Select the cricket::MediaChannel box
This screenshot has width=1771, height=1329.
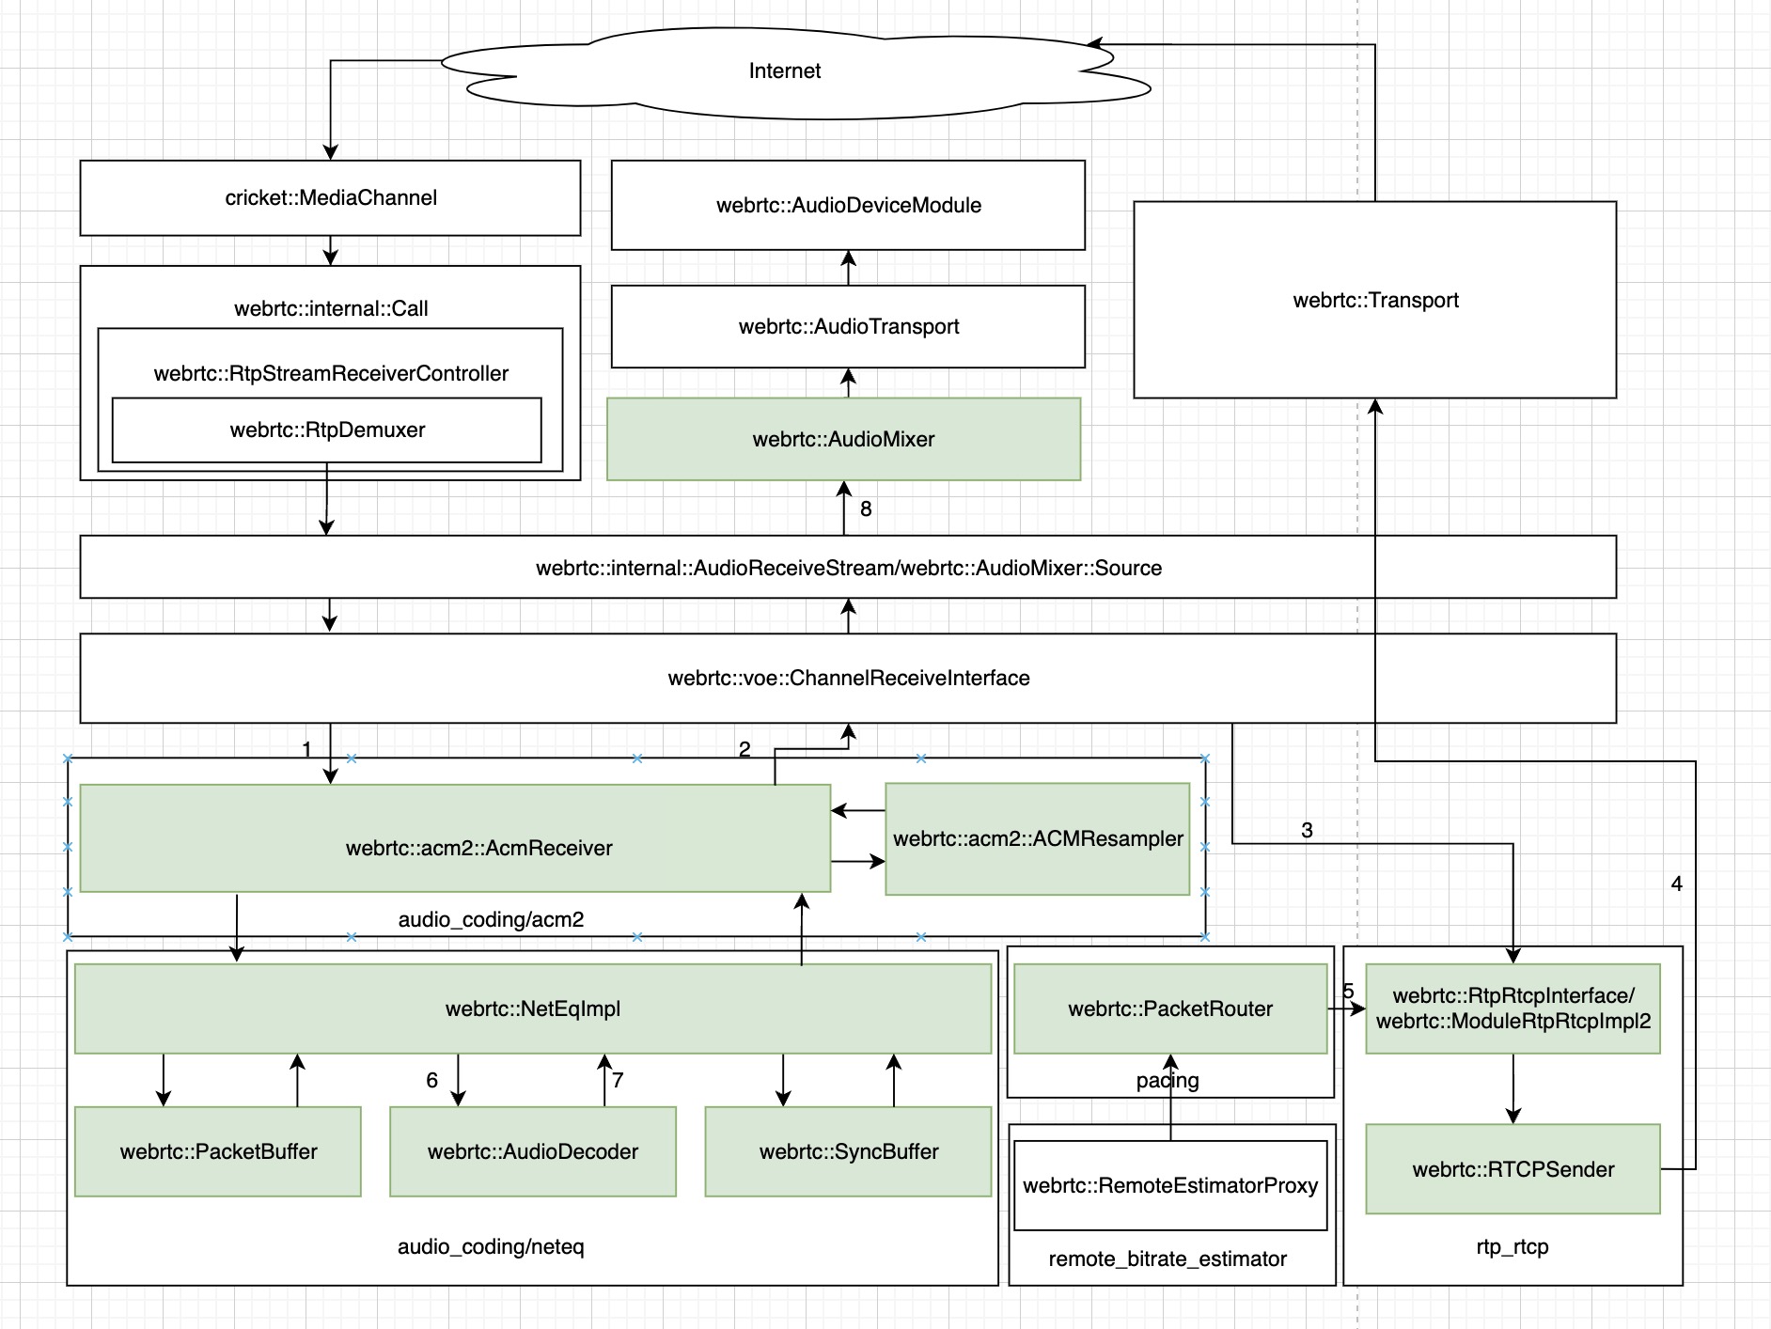330,198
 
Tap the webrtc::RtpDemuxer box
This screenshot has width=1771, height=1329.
326,430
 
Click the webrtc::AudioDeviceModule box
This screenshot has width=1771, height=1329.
848,206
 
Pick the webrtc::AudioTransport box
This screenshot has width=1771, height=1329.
848,327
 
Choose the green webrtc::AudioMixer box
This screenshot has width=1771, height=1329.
843,440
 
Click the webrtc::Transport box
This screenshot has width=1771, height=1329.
1374,301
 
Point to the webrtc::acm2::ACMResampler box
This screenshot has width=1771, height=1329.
1037,839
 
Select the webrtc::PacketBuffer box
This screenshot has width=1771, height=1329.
218,1152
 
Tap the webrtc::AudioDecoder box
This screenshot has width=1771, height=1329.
532,1152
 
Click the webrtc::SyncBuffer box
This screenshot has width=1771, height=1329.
848,1152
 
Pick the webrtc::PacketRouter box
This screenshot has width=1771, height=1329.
1169,1009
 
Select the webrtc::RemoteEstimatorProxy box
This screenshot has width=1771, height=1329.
1169,1186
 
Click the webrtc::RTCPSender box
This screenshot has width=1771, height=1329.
1512,1170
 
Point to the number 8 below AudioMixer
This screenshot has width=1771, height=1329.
866,509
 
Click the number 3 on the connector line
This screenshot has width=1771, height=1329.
1307,831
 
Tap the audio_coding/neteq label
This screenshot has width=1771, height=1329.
491,1247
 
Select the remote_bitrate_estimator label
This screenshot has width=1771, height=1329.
1168,1259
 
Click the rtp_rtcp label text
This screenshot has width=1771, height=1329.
1512,1247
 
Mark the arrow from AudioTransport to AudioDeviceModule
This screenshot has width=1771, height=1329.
848,268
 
